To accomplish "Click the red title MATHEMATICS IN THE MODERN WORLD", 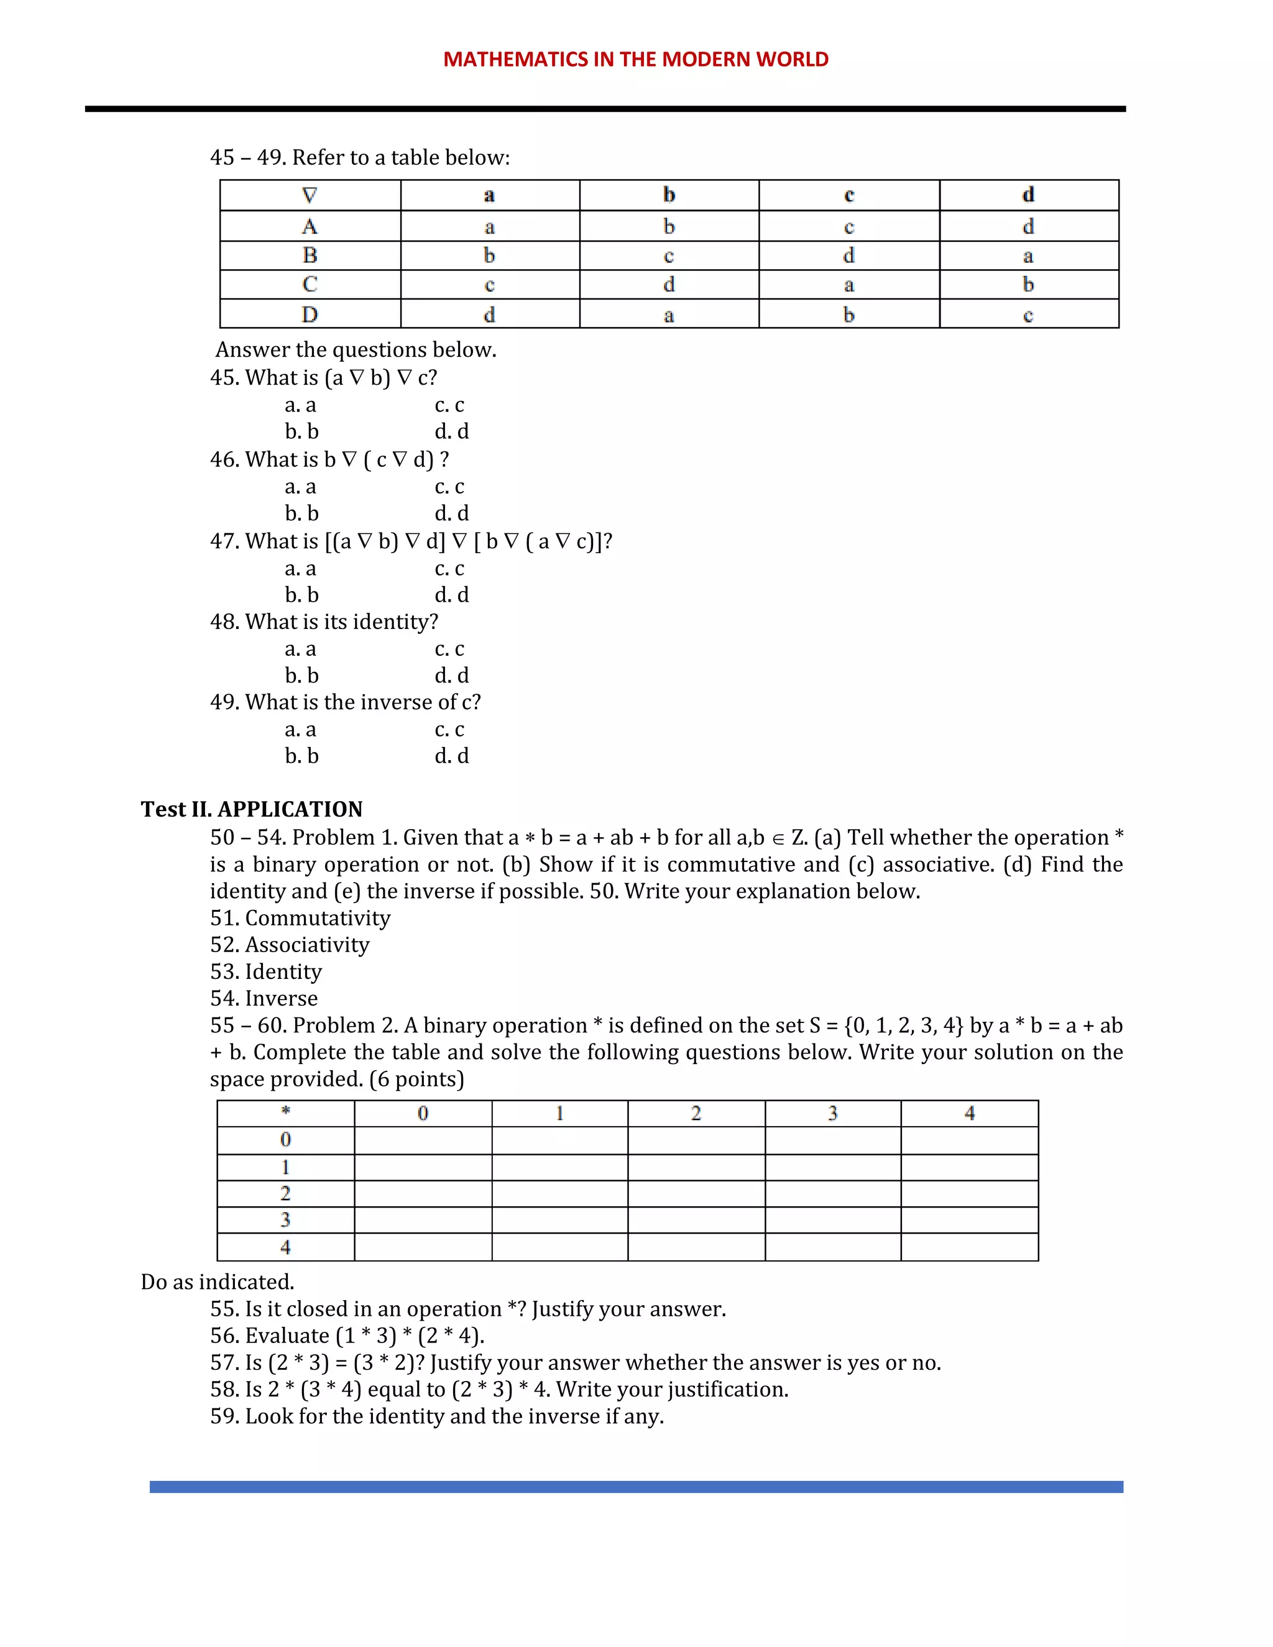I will (636, 60).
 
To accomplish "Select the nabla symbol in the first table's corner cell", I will (309, 195).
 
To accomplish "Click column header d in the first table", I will (1028, 195).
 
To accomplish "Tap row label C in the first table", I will (309, 284).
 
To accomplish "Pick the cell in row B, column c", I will (848, 255).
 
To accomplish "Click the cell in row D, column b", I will (668, 314).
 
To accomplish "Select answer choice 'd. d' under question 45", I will (451, 431).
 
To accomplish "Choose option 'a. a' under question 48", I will (300, 649).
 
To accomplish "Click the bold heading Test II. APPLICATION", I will (251, 809).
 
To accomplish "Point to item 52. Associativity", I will (290, 945).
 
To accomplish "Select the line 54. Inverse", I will (264, 999).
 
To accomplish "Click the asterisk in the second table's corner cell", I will (286, 1112).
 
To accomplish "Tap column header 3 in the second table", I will (832, 1113).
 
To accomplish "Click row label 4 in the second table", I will (286, 1247).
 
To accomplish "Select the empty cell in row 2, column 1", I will (559, 1194).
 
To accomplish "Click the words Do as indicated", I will (217, 1282).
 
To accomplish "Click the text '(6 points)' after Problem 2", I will (416, 1079).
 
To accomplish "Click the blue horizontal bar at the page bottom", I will (636, 1487).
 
